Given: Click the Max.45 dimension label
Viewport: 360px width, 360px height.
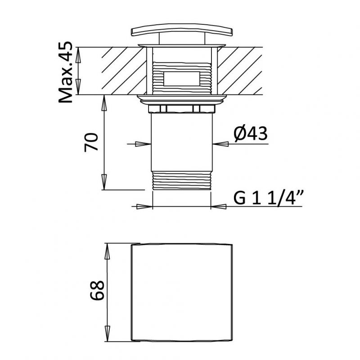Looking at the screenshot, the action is tap(66, 72).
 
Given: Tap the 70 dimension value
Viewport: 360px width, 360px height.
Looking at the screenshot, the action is tap(91, 142).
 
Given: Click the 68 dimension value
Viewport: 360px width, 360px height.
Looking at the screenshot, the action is tap(97, 290).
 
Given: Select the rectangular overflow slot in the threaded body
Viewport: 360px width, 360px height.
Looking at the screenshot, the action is tap(182, 79).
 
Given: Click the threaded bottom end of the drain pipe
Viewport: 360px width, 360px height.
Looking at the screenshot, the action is tap(182, 180).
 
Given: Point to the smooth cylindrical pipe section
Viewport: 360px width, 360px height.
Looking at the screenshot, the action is tap(182, 142).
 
